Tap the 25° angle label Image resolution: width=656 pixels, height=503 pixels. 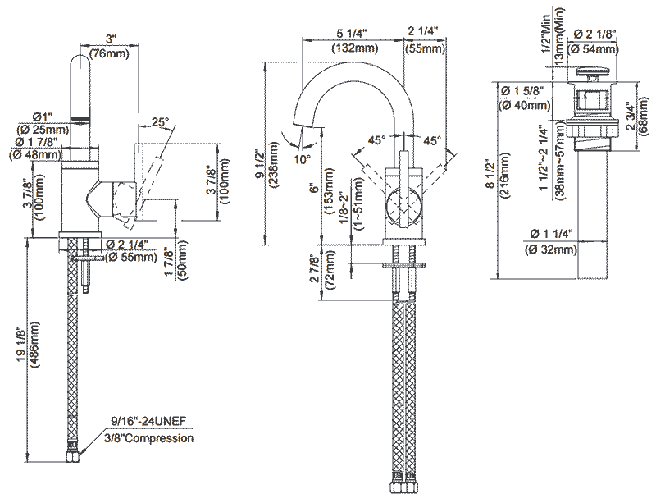(x=160, y=122)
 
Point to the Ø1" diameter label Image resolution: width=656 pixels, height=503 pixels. (x=43, y=115)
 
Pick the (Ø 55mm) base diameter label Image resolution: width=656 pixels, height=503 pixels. (x=132, y=257)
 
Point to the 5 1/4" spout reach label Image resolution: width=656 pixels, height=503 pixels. (x=353, y=33)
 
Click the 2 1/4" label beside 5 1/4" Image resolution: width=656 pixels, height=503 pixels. (x=423, y=33)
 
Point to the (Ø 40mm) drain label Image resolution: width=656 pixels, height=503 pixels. (x=524, y=104)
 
